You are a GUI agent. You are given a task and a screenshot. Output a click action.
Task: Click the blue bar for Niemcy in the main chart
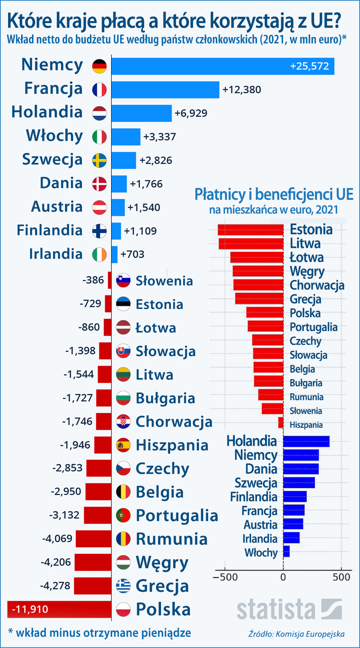223,66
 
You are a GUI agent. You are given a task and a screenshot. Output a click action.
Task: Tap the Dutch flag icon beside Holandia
99,113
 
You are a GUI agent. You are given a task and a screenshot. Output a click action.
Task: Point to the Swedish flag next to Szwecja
99,160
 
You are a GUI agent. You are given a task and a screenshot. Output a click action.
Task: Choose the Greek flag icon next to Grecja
123,586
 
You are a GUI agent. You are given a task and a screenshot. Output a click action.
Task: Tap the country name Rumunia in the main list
171,539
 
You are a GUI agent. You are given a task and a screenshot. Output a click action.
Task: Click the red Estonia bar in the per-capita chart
251,230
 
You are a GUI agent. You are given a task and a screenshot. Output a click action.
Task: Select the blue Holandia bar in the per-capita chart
306,441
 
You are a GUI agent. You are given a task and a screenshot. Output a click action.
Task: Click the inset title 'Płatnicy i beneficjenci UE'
274,195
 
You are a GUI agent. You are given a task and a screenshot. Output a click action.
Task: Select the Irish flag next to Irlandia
99,254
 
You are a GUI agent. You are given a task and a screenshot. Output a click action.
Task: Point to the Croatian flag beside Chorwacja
123,422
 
